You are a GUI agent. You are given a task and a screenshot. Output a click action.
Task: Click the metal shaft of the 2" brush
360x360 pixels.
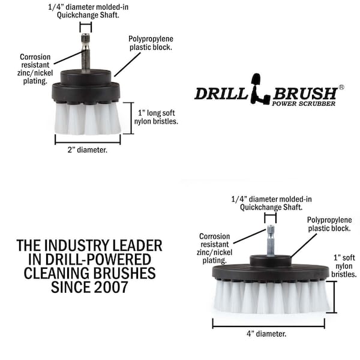click(85, 53)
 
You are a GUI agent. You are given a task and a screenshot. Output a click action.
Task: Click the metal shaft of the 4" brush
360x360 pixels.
click(271, 241)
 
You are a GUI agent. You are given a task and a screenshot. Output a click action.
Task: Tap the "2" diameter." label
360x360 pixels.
click(88, 150)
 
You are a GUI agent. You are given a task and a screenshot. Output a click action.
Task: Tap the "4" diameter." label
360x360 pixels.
click(266, 334)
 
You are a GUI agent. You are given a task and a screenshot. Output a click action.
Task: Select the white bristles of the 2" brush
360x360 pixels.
click(87, 118)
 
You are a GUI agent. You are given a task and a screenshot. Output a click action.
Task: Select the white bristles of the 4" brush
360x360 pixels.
click(272, 297)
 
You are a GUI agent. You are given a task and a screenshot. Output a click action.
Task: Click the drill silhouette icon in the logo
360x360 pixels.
click(259, 89)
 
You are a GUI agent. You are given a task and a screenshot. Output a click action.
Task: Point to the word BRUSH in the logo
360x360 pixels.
click(305, 93)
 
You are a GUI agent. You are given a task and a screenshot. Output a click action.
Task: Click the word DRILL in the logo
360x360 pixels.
click(221, 93)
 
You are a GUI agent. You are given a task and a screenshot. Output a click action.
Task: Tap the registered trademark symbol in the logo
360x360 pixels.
click(341, 87)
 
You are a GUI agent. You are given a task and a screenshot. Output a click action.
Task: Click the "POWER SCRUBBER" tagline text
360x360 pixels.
click(304, 104)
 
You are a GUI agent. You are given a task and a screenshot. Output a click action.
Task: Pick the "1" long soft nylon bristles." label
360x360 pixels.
click(156, 117)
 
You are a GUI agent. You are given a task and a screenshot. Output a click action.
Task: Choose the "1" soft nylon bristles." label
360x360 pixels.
click(344, 266)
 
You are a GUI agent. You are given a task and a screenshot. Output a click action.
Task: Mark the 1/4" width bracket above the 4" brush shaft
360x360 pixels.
click(270, 218)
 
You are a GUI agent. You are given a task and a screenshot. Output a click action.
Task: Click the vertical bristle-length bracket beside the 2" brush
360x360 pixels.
click(131, 118)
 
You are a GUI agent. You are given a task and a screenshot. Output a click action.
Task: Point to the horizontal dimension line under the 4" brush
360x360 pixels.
click(269, 323)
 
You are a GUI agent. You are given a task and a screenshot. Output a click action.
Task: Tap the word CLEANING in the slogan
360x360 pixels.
click(57, 273)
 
